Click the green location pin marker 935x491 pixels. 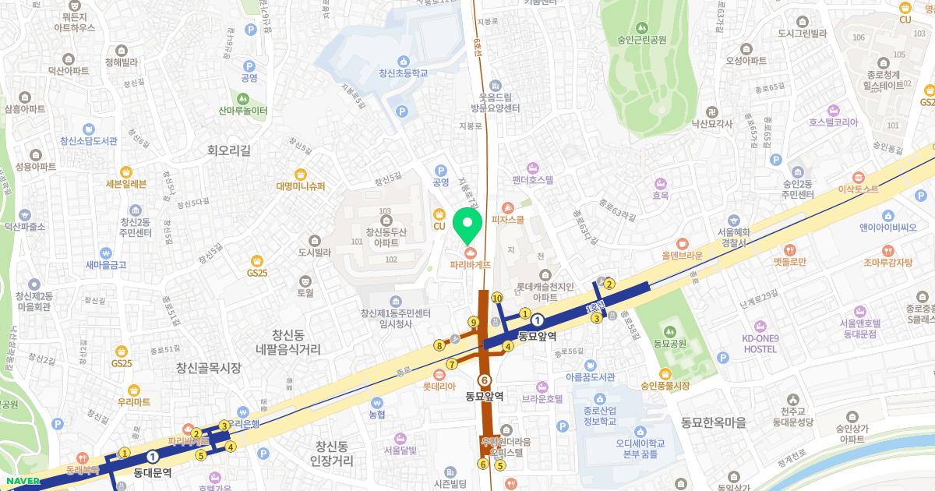(467, 224)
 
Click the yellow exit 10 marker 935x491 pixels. (496, 298)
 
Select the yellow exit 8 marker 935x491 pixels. (439, 345)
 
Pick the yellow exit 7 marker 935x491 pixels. (452, 364)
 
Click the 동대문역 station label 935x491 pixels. (152, 472)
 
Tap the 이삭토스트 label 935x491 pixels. (857, 189)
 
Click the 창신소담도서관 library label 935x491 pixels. (88, 140)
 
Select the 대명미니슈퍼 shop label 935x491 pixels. (300, 185)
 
